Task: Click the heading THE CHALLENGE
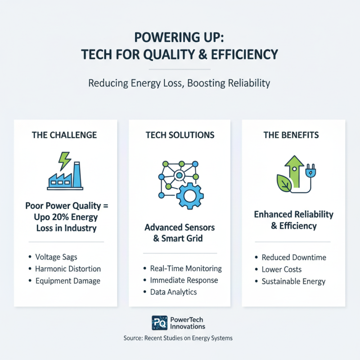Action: pyautogui.click(x=65, y=135)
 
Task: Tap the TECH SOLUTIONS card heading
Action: pyautogui.click(x=180, y=135)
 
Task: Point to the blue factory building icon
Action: pyautogui.click(x=65, y=178)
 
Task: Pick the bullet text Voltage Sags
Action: pyautogui.click(x=56, y=257)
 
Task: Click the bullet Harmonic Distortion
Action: pyautogui.click(x=68, y=269)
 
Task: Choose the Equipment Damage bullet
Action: pyautogui.click(x=67, y=281)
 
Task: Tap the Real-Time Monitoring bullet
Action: pyautogui.click(x=186, y=269)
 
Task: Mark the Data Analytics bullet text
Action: pyautogui.click(x=173, y=292)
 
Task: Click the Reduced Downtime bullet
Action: pyautogui.click(x=294, y=257)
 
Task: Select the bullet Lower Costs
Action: pyautogui.click(x=282, y=270)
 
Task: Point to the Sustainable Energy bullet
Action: pyautogui.click(x=293, y=281)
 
